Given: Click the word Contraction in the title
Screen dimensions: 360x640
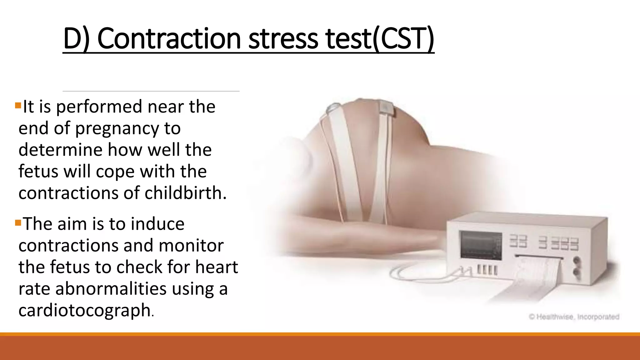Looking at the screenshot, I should pyautogui.click(x=169, y=39).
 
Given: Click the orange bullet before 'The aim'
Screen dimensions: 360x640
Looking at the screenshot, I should pyautogui.click(x=18, y=223).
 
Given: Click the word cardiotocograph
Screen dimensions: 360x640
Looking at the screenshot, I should pyautogui.click(x=85, y=310).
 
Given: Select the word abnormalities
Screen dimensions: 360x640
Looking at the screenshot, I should pyautogui.click(x=111, y=288).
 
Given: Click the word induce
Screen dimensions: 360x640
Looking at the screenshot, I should pyautogui.click(x=157, y=224).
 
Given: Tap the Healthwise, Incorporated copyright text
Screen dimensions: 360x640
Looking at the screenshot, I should pyautogui.click(x=573, y=317).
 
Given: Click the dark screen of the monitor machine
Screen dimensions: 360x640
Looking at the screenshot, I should pyautogui.click(x=481, y=246).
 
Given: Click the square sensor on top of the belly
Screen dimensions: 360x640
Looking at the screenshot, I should pyautogui.click(x=387, y=108).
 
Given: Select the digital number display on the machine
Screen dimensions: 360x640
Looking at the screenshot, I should pyautogui.click(x=544, y=243).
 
